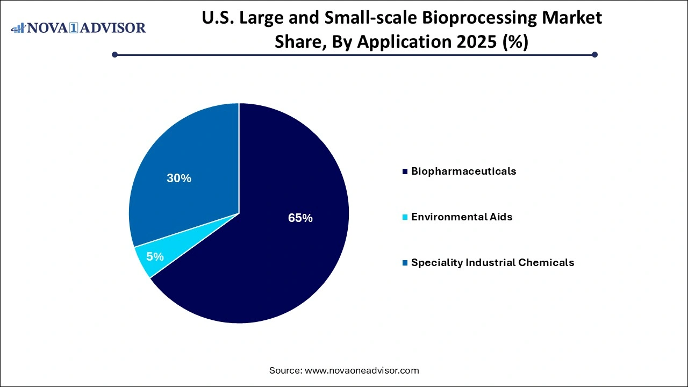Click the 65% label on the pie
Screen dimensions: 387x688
(300, 218)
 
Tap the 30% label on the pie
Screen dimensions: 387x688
(179, 178)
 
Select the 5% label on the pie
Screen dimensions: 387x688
(155, 257)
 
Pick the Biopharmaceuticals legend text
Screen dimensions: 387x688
(463, 171)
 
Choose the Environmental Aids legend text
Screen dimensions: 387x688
(462, 217)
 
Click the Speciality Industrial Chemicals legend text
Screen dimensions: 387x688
(492, 263)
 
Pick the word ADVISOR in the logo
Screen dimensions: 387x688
(116, 28)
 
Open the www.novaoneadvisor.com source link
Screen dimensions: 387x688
(362, 370)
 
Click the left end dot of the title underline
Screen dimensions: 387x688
(114, 54)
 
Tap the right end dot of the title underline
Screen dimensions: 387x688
(594, 54)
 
